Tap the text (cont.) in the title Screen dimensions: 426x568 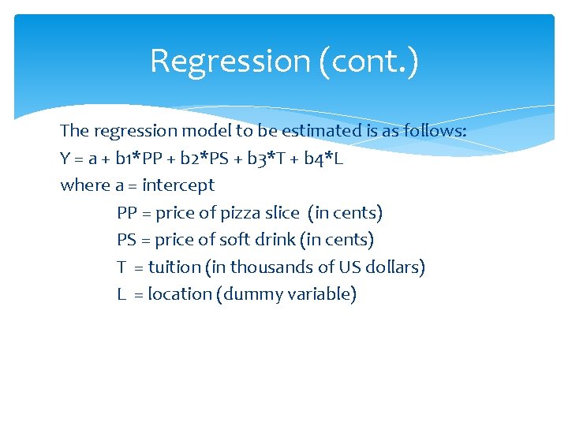[x=368, y=61]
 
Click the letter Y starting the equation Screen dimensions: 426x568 [x=65, y=159]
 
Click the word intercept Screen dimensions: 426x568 [x=178, y=185]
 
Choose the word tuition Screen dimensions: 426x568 [x=174, y=267]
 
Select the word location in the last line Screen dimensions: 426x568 [x=181, y=294]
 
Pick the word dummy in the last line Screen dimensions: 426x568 [x=253, y=294]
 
